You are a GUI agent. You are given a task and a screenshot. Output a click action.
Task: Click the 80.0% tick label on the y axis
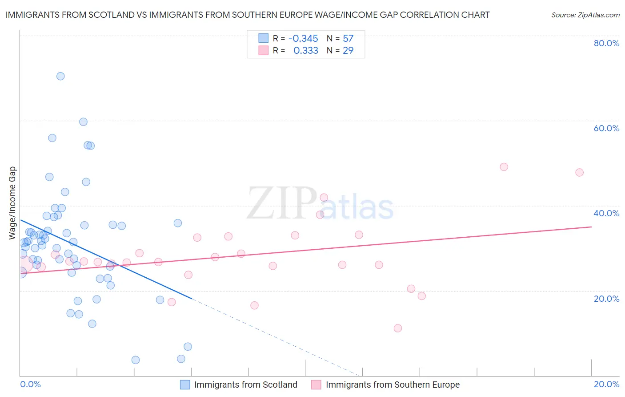click(x=606, y=43)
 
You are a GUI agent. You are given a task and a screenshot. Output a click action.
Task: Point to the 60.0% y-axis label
click(x=606, y=128)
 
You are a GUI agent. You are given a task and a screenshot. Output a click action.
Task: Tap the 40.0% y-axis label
click(x=606, y=213)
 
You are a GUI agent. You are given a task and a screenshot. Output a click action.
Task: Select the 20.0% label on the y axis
click(x=606, y=299)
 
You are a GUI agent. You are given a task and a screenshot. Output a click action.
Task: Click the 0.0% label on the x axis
click(x=31, y=384)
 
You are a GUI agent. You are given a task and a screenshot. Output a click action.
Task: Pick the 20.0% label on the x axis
click(x=606, y=384)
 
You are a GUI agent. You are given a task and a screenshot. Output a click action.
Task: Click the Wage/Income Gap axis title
click(x=12, y=203)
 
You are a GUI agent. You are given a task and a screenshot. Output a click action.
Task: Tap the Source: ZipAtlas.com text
click(x=585, y=15)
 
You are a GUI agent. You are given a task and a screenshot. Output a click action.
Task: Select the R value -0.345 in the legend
click(x=303, y=38)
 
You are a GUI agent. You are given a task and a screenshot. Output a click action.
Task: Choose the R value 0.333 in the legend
click(x=306, y=50)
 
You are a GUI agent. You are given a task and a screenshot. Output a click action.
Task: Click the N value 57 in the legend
click(x=348, y=38)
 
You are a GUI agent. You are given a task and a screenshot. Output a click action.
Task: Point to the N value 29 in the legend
click(x=348, y=50)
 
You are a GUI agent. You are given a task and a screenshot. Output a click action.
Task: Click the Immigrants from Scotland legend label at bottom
click(x=245, y=385)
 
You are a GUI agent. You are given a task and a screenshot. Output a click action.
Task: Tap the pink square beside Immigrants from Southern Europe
click(x=316, y=385)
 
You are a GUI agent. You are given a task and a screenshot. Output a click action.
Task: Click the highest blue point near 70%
click(x=60, y=76)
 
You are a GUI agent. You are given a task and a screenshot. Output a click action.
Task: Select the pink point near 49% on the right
click(x=504, y=167)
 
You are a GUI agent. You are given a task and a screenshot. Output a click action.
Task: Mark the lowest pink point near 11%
click(x=398, y=328)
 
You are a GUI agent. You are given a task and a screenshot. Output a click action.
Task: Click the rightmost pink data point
click(x=579, y=172)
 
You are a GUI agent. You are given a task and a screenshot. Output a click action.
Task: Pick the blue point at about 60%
click(x=83, y=122)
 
